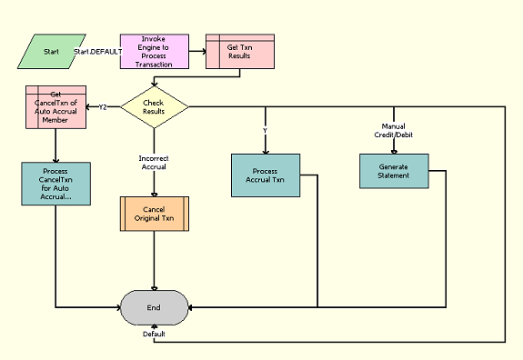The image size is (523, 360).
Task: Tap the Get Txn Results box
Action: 239,52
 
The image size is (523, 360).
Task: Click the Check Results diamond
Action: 154,107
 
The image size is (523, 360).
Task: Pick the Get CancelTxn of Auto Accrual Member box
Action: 55,107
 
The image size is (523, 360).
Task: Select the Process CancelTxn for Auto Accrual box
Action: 55,185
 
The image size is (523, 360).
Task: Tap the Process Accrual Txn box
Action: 265,175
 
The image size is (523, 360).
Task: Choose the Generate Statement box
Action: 393,169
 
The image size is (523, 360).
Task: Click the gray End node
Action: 154,307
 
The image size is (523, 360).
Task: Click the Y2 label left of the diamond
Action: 103,107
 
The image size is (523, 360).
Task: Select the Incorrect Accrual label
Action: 154,162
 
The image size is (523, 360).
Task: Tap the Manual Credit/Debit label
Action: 393,130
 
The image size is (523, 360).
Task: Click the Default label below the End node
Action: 154,334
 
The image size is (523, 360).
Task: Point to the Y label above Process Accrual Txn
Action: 265,129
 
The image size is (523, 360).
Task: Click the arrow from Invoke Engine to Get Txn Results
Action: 197,52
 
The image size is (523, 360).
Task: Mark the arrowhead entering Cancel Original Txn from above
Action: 154,192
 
